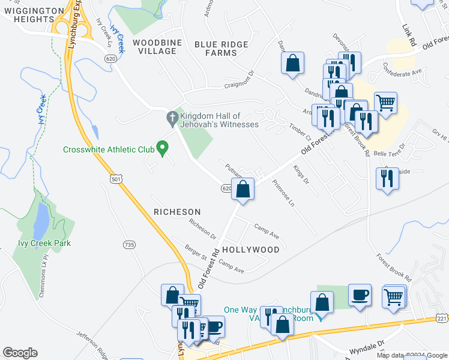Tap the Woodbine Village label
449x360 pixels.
pos(155,47)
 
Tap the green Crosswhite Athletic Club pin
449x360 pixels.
pos(161,146)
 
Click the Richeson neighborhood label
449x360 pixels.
pos(176,212)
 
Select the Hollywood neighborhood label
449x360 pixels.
pos(250,249)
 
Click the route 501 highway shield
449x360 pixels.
pos(116,179)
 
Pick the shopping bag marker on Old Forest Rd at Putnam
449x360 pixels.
pos(243,190)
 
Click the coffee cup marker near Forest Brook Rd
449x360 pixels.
pos(360,295)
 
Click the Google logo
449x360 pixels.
pos(20,353)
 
